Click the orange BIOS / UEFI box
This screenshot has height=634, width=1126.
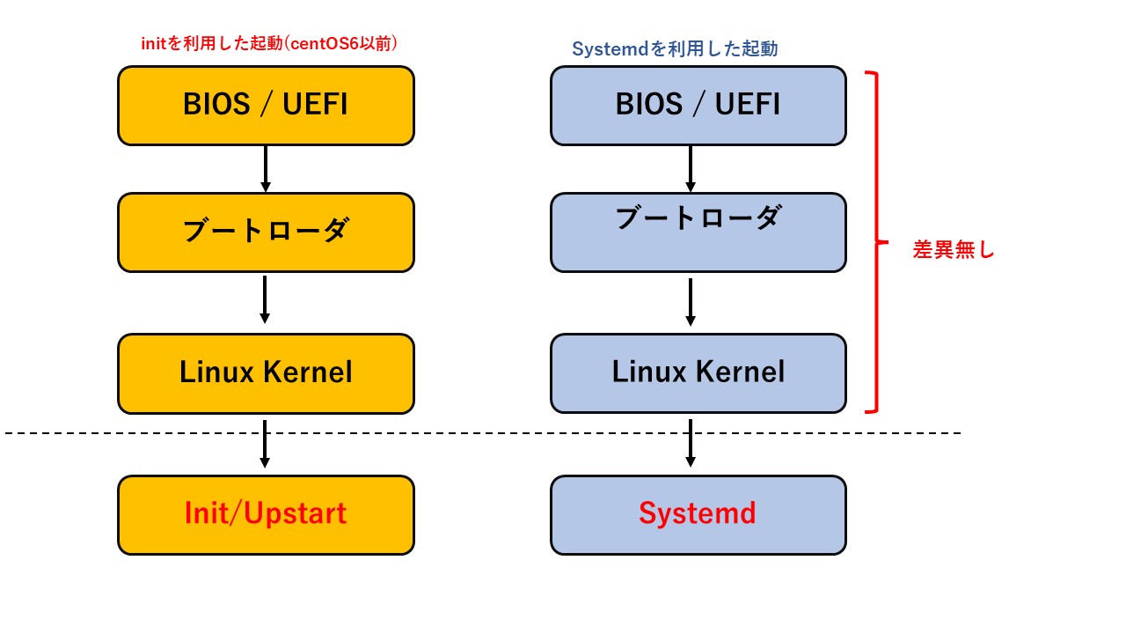coord(266,106)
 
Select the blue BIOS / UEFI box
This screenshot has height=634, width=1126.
coord(698,106)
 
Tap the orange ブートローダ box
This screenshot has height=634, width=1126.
coord(266,232)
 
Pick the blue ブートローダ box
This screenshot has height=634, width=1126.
coord(698,232)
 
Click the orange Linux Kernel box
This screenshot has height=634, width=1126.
coord(266,373)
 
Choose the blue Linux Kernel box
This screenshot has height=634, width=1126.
coord(698,373)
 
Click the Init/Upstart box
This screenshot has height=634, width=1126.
coord(266,515)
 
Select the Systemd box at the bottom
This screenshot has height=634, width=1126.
coord(698,515)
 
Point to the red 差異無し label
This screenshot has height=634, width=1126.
coord(953,250)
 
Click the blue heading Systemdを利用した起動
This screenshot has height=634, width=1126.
coord(675,49)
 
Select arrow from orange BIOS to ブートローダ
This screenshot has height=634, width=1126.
coord(265,169)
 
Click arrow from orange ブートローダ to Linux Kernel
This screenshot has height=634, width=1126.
coord(265,299)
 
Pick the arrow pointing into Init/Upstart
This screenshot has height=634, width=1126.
coord(265,444)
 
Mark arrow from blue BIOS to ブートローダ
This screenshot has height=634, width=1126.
coord(691,169)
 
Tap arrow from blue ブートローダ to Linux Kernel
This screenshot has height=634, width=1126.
coord(691,302)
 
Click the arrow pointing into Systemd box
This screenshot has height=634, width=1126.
coord(691,444)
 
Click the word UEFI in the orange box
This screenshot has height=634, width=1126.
coord(315,105)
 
